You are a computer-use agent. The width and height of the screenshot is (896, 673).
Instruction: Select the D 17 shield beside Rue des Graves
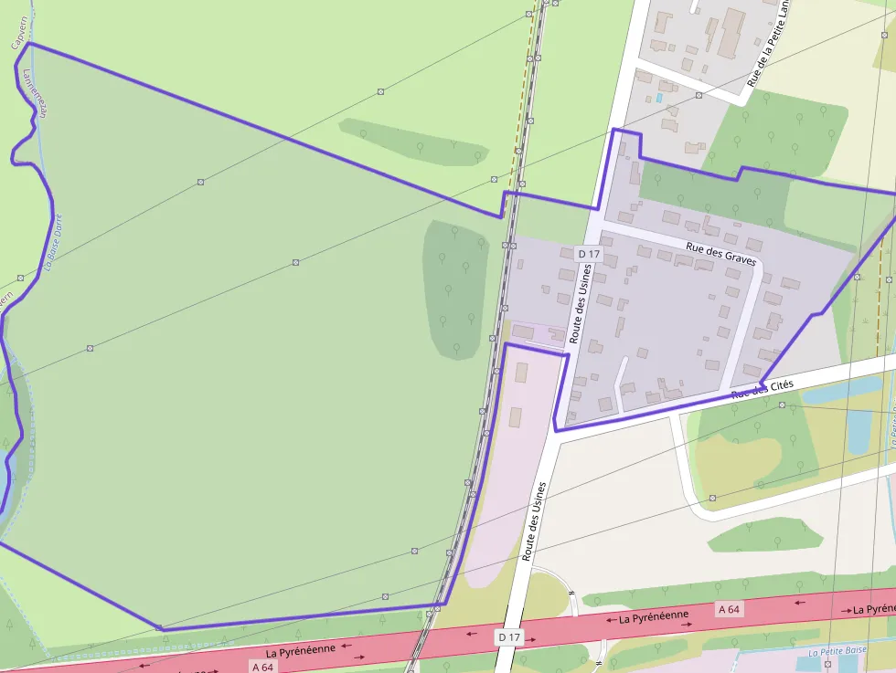589,253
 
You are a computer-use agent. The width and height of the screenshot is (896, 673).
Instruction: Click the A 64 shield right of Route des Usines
729,609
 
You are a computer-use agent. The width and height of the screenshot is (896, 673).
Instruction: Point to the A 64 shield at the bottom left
261,667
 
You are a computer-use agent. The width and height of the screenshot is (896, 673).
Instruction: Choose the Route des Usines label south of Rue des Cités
534,521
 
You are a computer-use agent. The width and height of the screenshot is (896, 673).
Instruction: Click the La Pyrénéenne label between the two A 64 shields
653,618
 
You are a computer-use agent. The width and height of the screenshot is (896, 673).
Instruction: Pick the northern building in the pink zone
521,373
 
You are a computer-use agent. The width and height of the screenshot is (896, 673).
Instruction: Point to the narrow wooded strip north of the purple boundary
413,142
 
